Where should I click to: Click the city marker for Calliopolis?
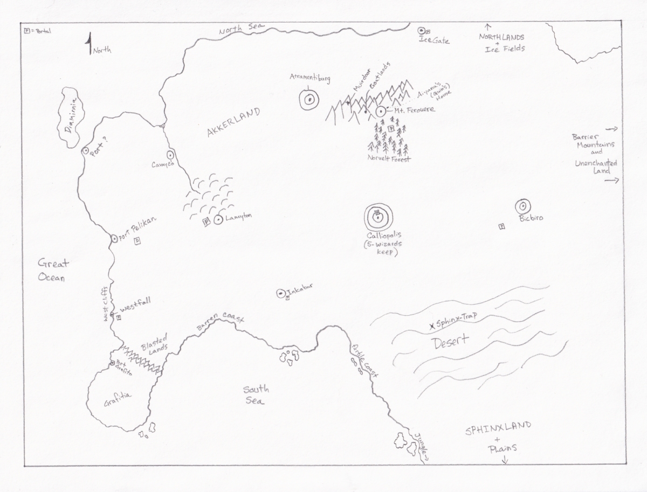pyautogui.click(x=377, y=218)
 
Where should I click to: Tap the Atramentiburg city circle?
pyautogui.click(x=309, y=100)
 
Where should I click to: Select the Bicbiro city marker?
pyautogui.click(x=522, y=206)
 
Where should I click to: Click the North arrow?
pyautogui.click(x=89, y=44)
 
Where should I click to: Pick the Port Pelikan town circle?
pyautogui.click(x=114, y=238)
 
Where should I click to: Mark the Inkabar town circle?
pyautogui.click(x=280, y=293)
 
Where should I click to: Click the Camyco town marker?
pyautogui.click(x=169, y=153)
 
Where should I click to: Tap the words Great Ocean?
pyautogui.click(x=53, y=270)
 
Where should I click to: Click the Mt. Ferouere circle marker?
pyautogui.click(x=381, y=112)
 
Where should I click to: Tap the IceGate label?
pyautogui.click(x=438, y=40)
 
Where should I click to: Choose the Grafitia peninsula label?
pyautogui.click(x=118, y=400)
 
